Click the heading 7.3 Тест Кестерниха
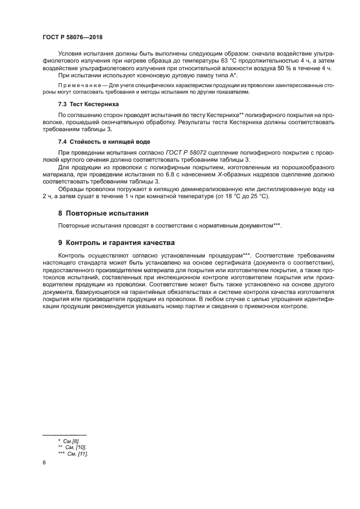(x=88, y=104)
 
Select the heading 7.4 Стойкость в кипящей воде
(x=100, y=141)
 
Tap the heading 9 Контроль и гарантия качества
(x=117, y=242)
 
